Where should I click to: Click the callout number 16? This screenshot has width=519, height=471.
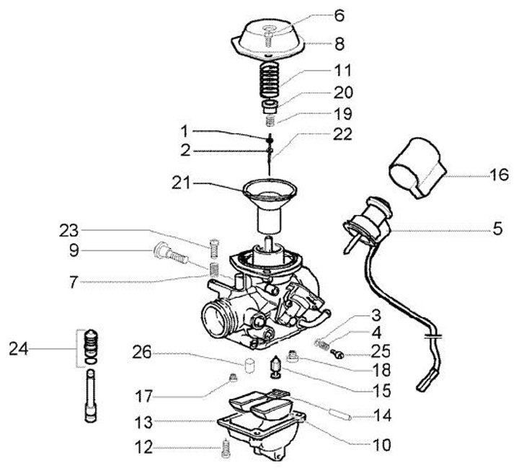(499, 175)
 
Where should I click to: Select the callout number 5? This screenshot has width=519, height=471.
(498, 231)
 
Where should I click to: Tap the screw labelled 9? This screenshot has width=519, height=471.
(170, 255)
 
